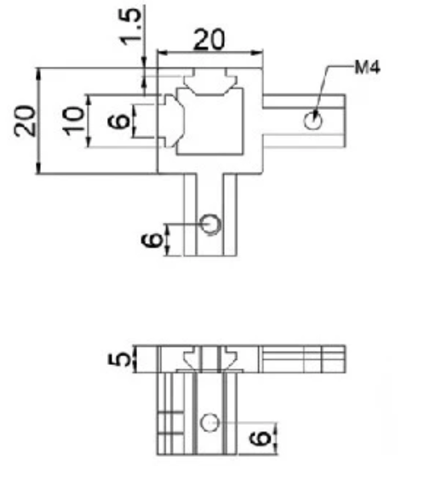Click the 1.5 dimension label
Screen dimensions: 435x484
click(130, 26)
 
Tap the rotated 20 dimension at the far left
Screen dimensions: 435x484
click(25, 121)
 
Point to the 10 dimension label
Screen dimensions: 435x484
click(73, 121)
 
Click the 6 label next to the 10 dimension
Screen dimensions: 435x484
click(118, 121)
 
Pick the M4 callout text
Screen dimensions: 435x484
click(368, 67)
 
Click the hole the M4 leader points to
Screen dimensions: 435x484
click(312, 121)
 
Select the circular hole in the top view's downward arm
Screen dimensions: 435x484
click(211, 225)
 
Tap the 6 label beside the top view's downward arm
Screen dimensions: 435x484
click(152, 241)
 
